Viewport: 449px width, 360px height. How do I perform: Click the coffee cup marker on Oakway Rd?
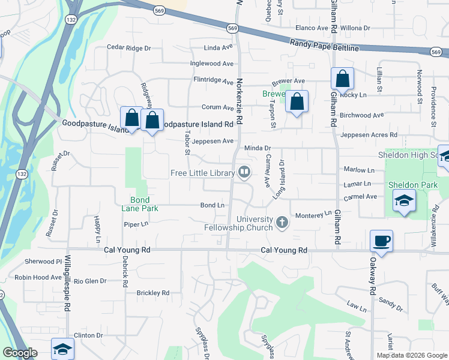(382, 241)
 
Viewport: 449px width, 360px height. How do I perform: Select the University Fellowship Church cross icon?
(282, 224)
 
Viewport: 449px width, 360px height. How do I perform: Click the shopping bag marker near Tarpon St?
(297, 101)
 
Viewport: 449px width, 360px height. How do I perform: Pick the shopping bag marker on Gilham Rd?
(342, 79)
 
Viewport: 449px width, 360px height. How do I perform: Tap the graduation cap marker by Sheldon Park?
(405, 201)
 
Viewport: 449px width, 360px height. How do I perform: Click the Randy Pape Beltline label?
(324, 45)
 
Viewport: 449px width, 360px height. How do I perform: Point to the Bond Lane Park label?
(144, 204)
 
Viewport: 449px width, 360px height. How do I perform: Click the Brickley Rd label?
(152, 293)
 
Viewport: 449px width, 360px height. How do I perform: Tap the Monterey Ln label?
(312, 214)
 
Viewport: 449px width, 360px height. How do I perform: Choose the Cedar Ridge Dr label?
(128, 47)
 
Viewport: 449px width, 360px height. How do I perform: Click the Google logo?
(20, 353)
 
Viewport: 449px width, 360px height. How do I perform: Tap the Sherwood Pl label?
(43, 262)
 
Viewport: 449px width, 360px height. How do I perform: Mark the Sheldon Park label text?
(413, 185)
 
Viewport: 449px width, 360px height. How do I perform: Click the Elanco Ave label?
(311, 28)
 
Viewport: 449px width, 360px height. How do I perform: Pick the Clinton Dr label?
(88, 335)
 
